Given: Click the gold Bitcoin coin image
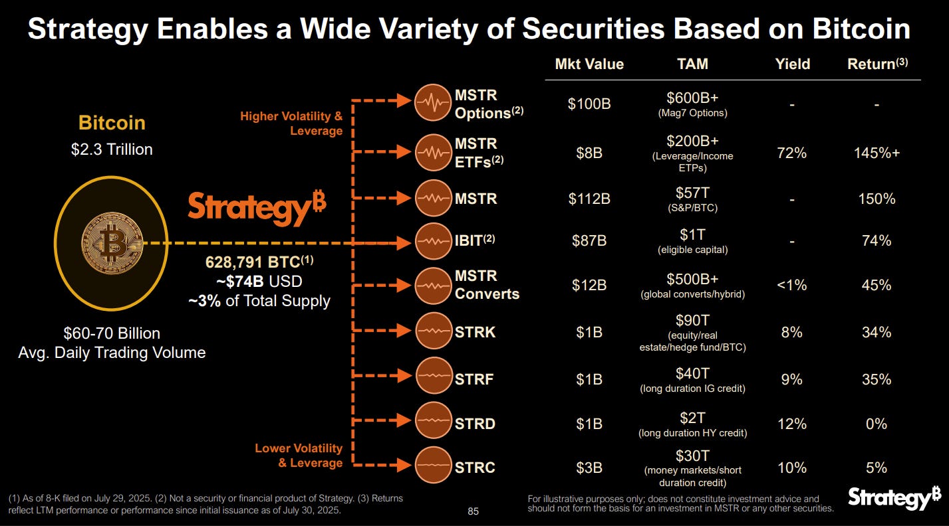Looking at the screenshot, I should [111, 243].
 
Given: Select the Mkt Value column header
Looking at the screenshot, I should [589, 64].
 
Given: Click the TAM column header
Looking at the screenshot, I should [692, 64].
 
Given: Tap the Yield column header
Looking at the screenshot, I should [792, 64].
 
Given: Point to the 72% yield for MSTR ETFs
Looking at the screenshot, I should [791, 153].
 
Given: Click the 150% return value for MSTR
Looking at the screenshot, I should [877, 199].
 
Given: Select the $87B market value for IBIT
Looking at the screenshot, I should [589, 241].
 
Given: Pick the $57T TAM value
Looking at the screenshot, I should [692, 193].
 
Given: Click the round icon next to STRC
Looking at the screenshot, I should [433, 468].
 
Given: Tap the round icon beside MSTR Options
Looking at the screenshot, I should [433, 104].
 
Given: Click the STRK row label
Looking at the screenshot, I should [475, 332].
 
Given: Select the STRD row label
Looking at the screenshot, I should [475, 424].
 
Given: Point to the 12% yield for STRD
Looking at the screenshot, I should [791, 424].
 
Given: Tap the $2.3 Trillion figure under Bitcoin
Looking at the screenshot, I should [112, 149].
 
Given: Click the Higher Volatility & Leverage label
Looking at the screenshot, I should [291, 124].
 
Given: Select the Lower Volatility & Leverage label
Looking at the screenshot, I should [299, 456].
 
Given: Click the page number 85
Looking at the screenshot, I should [473, 511].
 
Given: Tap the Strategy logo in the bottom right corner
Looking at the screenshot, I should [894, 499].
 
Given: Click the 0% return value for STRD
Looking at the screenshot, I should [877, 424].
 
